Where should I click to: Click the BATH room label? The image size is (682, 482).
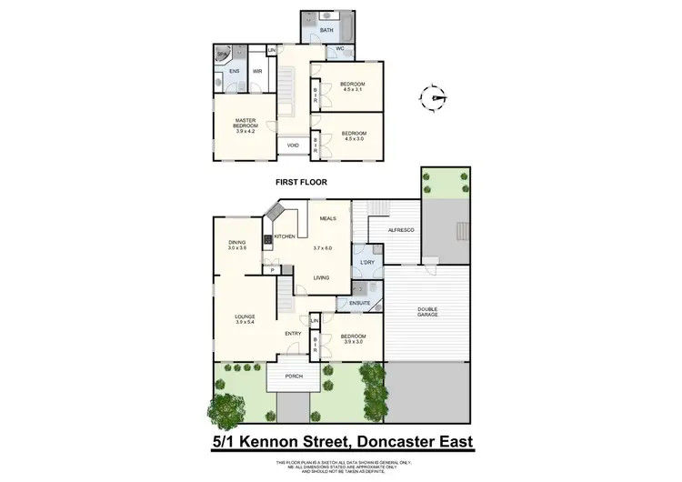click(327, 31)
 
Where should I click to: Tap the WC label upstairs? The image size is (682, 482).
click(339, 49)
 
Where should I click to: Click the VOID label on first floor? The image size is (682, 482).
click(293, 145)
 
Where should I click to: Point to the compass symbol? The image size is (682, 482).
click(435, 97)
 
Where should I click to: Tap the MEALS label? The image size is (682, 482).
click(328, 219)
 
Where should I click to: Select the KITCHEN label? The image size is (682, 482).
click(286, 236)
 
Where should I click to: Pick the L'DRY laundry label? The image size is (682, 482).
click(367, 264)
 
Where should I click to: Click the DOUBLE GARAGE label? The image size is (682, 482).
click(427, 311)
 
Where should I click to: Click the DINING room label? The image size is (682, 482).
click(238, 245)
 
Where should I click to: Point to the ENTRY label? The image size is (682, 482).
click(293, 333)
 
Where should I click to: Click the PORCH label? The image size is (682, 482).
click(294, 376)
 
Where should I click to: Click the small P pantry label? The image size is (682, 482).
click(272, 269)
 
